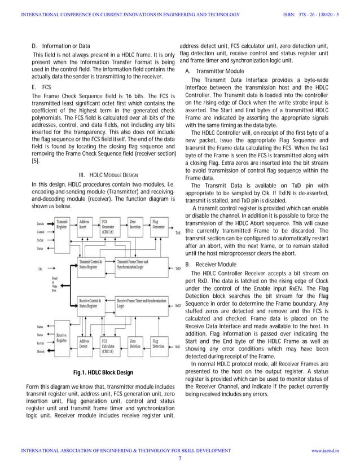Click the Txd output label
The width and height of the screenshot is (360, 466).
[178, 232]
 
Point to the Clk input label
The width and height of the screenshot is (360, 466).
[41, 269]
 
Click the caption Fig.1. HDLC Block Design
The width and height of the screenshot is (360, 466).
[103, 372]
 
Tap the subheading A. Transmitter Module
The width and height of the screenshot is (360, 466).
[214, 71]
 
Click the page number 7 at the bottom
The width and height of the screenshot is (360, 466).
[179, 458]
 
